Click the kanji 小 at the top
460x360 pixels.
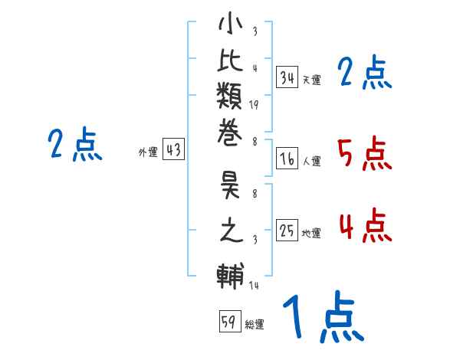click(230, 26)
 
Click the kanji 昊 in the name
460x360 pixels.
click(230, 188)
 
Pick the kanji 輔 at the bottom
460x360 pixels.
click(230, 274)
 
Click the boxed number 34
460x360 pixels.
click(287, 77)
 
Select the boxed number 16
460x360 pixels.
click(287, 159)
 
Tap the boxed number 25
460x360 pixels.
click(287, 231)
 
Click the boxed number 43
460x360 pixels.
click(173, 150)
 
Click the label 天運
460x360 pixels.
click(311, 80)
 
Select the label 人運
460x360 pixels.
click(311, 162)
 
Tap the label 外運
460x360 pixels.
click(147, 153)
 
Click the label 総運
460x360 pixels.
click(255, 324)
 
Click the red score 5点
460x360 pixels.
click(364, 153)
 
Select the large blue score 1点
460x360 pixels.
click(321, 319)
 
